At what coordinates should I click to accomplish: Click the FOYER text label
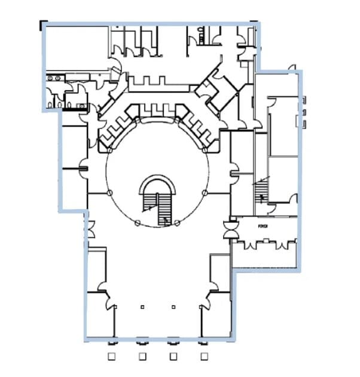click(x=261, y=226)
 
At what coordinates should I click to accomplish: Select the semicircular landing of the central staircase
click(x=158, y=185)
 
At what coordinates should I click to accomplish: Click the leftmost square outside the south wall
click(x=111, y=357)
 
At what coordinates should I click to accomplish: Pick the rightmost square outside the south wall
click(x=205, y=357)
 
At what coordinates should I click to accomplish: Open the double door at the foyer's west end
click(x=228, y=229)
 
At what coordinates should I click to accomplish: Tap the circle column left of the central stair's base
click(x=138, y=223)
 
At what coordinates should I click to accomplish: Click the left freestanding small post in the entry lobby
click(x=142, y=307)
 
